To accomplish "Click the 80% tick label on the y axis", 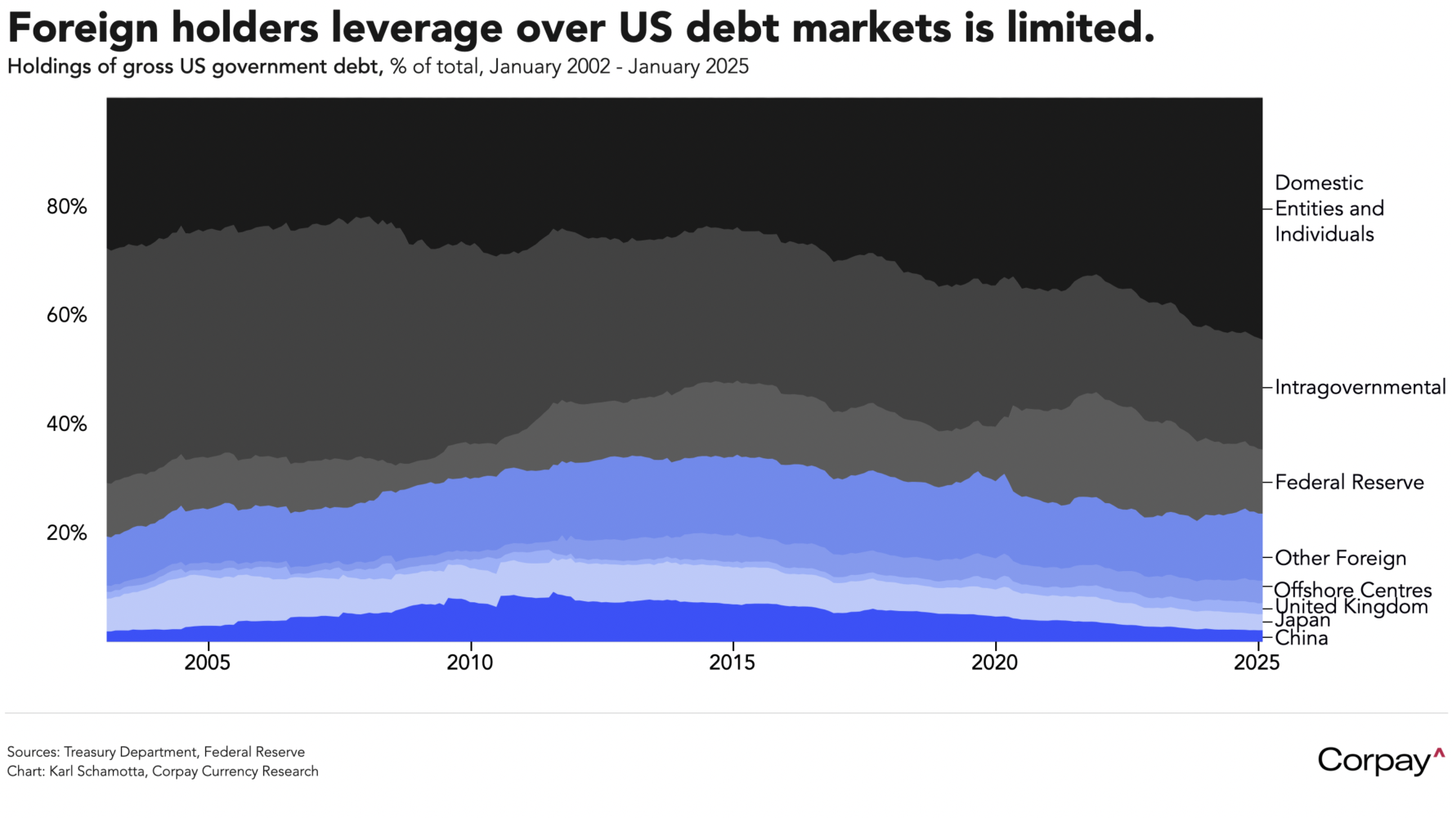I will (67, 207).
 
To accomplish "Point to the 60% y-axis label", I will (67, 316).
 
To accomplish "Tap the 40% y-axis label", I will (67, 425).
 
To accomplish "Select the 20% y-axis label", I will (67, 533).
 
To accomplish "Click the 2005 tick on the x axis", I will (208, 663).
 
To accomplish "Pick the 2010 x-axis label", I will (470, 663).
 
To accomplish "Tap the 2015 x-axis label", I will (733, 663).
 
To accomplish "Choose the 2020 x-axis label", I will (995, 663).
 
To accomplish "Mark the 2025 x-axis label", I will (1257, 663).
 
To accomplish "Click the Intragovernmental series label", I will (1360, 388).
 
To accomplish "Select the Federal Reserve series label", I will (1349, 483).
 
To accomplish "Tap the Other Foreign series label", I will (1341, 559).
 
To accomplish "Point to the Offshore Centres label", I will (1353, 590).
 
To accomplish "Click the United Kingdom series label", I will (1351, 607).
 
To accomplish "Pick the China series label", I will (1302, 639).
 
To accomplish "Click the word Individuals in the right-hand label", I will (1324, 235).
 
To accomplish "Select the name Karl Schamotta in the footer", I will (97, 771).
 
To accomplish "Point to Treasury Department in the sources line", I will (131, 752).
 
